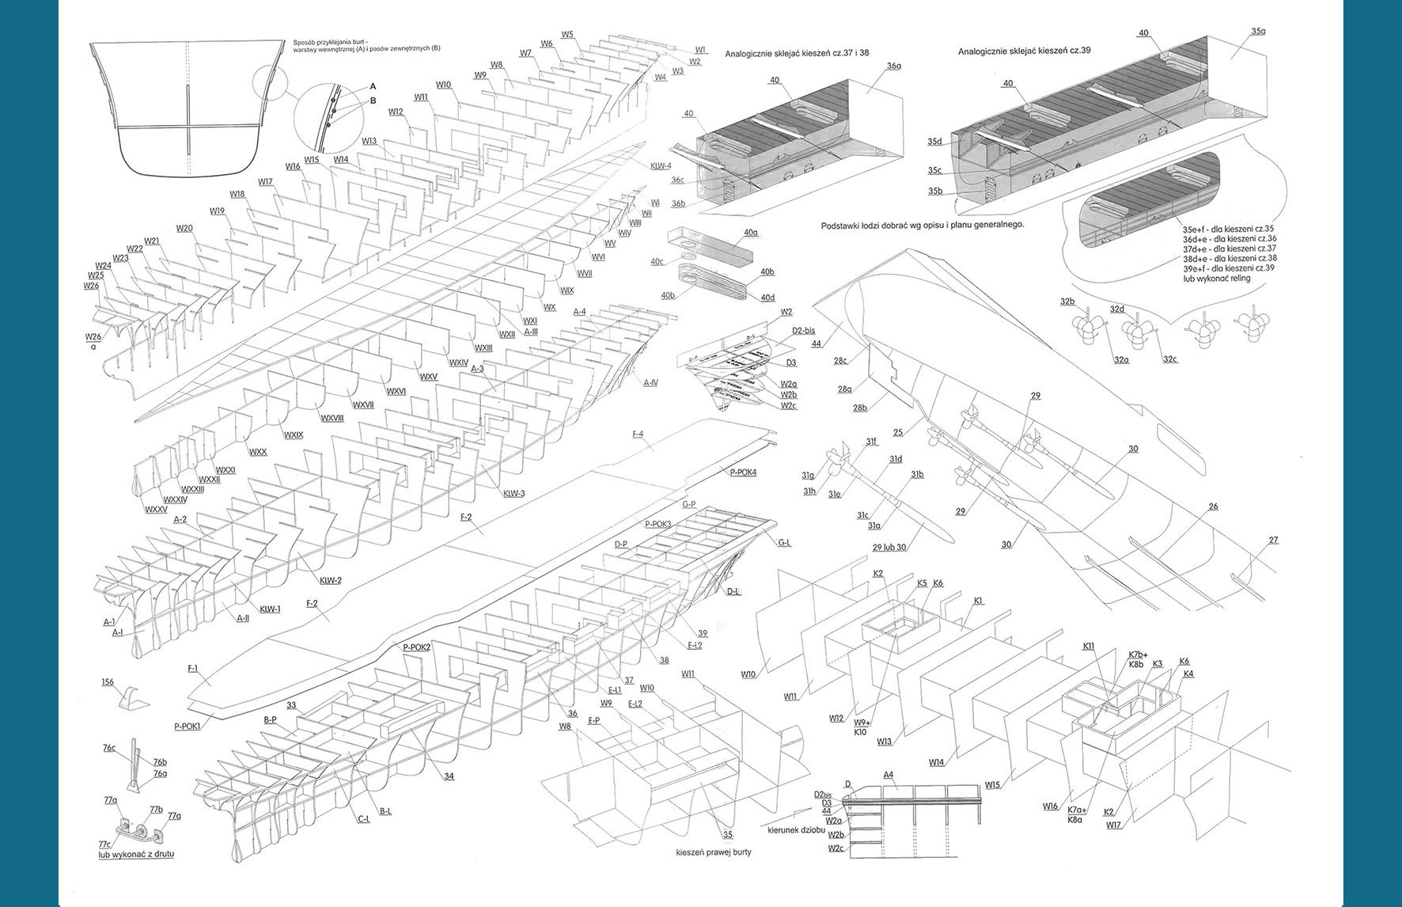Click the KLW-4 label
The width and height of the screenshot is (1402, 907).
tap(661, 166)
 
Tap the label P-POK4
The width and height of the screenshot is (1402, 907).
tap(743, 472)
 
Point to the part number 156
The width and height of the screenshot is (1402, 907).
tap(108, 681)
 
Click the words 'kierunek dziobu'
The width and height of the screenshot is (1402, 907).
tap(794, 830)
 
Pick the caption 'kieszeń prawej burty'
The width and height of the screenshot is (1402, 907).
tap(714, 852)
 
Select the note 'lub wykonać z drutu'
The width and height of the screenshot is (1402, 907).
tap(136, 854)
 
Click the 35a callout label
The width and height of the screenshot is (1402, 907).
tap(1258, 32)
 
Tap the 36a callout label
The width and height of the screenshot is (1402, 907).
tap(894, 66)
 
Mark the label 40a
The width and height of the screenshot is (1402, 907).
tap(750, 233)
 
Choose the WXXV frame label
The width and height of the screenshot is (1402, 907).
tap(155, 509)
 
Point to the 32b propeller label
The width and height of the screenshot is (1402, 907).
tap(1067, 302)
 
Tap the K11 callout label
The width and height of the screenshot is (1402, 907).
tap(1089, 647)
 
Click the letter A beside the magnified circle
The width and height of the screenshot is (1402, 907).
tap(373, 86)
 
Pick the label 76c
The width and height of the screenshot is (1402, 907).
tap(109, 748)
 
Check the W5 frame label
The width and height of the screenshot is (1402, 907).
tap(567, 34)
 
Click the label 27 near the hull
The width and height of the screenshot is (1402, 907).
tap(1273, 541)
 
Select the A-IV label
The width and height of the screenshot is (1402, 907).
tap(650, 382)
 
